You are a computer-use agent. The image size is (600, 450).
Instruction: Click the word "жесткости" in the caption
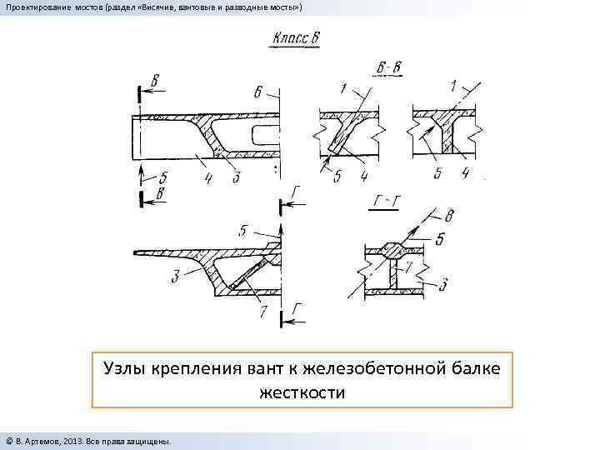point(302,391)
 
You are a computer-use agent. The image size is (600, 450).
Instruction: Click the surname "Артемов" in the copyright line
point(45,439)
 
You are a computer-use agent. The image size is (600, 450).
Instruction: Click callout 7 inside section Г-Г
point(407,267)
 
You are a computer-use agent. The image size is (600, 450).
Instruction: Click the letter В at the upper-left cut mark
point(156,81)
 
